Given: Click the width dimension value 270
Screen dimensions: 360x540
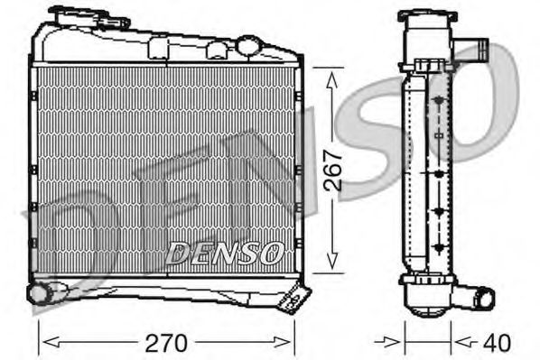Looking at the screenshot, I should [168, 343].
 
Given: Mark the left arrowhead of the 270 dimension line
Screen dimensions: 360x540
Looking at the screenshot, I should [47, 342].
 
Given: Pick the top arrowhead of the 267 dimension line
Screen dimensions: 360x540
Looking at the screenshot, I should [333, 76].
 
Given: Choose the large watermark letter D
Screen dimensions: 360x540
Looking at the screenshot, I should [68, 253].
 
